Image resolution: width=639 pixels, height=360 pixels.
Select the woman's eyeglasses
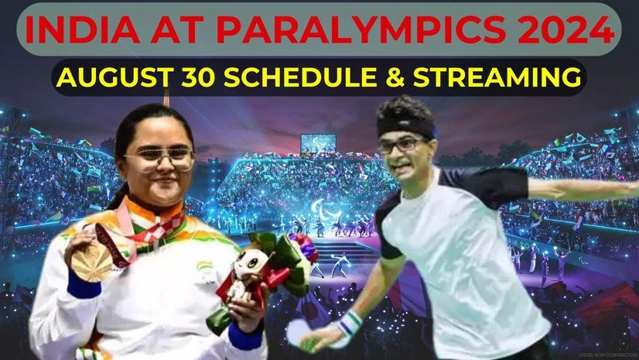pyautogui.click(x=159, y=159)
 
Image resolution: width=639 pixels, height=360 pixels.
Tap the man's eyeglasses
pyautogui.click(x=402, y=143)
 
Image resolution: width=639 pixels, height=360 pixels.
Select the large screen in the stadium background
pyautogui.click(x=318, y=142)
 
